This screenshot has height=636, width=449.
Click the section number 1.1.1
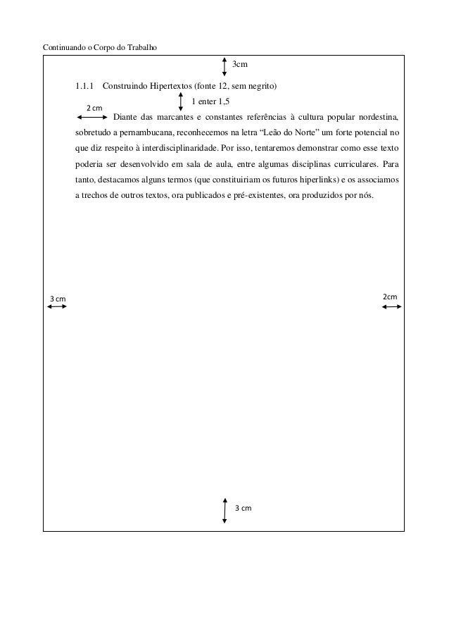click(84, 87)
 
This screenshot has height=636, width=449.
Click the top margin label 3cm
click(240, 65)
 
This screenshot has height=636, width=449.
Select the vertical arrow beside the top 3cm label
click(224, 66)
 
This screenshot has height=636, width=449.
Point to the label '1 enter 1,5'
click(210, 101)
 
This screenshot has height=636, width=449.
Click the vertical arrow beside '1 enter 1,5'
click(182, 100)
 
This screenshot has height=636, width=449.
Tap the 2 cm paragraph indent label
click(94, 107)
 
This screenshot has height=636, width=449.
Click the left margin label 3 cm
click(58, 299)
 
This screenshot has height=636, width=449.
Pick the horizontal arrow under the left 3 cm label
click(56, 307)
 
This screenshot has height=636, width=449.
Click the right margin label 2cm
click(390, 297)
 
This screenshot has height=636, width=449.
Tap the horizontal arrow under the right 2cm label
click(391, 306)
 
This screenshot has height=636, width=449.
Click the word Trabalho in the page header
click(140, 48)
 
